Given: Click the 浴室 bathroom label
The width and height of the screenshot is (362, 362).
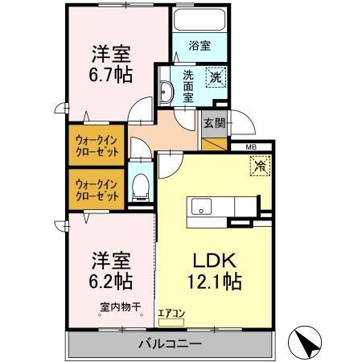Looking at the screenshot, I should coord(200,46).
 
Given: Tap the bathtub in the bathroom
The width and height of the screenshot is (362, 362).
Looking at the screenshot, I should coord(200,22).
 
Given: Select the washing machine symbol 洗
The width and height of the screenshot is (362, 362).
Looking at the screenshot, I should coord(216,77).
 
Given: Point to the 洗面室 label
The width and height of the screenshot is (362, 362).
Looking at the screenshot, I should coord(188,84).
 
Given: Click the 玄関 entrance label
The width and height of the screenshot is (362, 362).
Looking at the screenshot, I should coord(213,124).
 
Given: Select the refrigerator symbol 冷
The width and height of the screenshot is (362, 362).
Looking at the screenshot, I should coord(261,167).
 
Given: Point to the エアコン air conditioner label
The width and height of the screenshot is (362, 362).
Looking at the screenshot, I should coord(171,314).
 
